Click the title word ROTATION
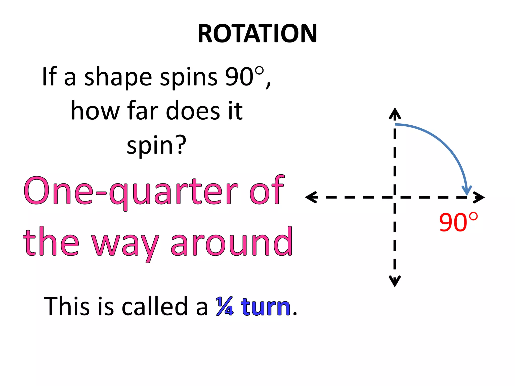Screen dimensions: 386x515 pyautogui.click(x=257, y=34)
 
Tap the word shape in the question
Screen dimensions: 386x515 pyautogui.click(x=118, y=77)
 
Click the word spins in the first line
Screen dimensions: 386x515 pyautogui.click(x=189, y=77)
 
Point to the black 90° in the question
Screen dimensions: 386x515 pyautogui.click(x=244, y=77)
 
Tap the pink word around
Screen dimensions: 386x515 pyautogui.click(x=231, y=243)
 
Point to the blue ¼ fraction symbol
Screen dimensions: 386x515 pyautogui.click(x=225, y=306)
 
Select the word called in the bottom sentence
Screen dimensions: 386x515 pyautogui.click(x=154, y=306)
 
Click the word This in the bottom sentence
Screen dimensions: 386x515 pyautogui.click(x=67, y=306)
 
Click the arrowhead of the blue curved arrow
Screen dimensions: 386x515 pyautogui.click(x=467, y=191)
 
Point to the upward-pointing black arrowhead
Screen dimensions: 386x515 pyautogui.click(x=395, y=113)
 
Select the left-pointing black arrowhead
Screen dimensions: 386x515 pyautogui.click(x=311, y=197)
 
